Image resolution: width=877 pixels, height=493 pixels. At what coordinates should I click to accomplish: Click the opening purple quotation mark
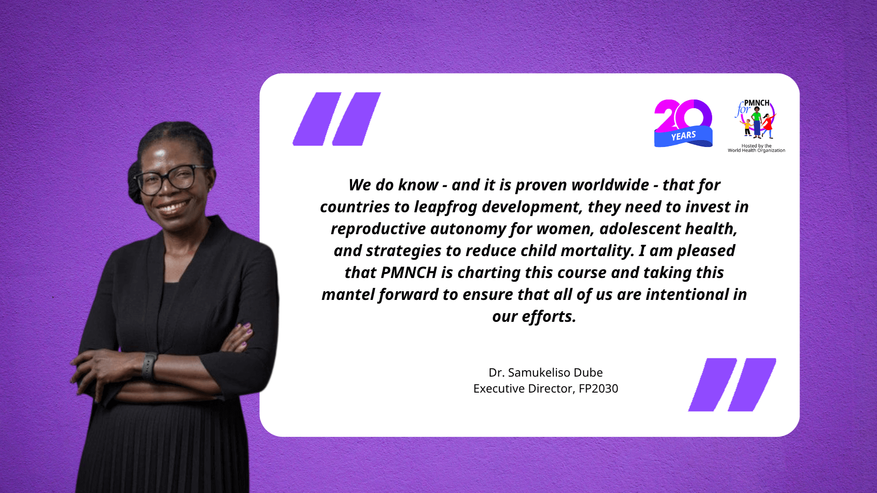(x=337, y=119)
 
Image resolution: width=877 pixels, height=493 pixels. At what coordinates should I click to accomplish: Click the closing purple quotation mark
(x=732, y=385)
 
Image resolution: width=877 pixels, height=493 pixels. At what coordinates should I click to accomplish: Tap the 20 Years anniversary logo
(x=683, y=123)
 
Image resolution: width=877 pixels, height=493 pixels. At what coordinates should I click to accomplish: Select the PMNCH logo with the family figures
(x=756, y=120)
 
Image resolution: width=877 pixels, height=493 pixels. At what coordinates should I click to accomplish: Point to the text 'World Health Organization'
(x=756, y=151)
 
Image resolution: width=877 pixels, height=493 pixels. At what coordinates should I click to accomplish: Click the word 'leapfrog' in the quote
(x=445, y=207)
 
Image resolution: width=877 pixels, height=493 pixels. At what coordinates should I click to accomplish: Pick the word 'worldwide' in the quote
(x=610, y=185)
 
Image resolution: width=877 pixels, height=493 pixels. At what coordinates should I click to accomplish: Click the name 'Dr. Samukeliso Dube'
(x=546, y=372)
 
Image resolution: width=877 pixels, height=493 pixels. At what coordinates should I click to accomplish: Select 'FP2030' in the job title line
(x=598, y=388)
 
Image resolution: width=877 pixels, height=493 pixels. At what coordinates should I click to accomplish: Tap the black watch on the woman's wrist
(x=149, y=366)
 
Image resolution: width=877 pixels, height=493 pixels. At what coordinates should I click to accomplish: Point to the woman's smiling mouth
(x=173, y=208)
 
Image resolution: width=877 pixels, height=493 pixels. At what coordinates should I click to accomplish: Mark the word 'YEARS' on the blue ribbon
(x=683, y=136)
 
